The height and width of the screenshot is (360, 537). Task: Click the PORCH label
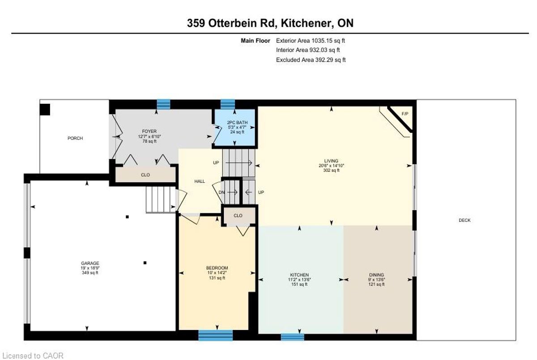75,138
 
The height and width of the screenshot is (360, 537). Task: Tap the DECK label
465,220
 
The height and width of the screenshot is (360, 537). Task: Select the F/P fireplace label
405,114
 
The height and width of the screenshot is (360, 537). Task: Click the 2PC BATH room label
237,123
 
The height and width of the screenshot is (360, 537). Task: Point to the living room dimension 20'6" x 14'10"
331,165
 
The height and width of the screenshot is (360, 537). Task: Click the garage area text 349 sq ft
90,273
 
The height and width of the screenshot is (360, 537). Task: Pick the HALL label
200,181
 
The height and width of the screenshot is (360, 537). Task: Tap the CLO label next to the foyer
145,175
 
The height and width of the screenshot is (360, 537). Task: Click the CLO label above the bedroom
238,216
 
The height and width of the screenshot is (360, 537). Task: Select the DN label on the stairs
222,192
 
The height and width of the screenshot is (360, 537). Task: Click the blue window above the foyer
163,104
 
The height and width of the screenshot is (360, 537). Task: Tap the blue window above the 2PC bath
227,104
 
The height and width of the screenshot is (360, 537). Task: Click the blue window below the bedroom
216,335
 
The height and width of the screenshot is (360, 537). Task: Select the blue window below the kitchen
293,337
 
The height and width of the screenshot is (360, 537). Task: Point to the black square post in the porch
45,110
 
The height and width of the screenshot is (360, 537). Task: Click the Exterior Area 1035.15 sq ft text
311,41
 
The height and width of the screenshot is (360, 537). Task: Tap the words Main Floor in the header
256,41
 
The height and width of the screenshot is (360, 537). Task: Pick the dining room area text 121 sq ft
376,284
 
